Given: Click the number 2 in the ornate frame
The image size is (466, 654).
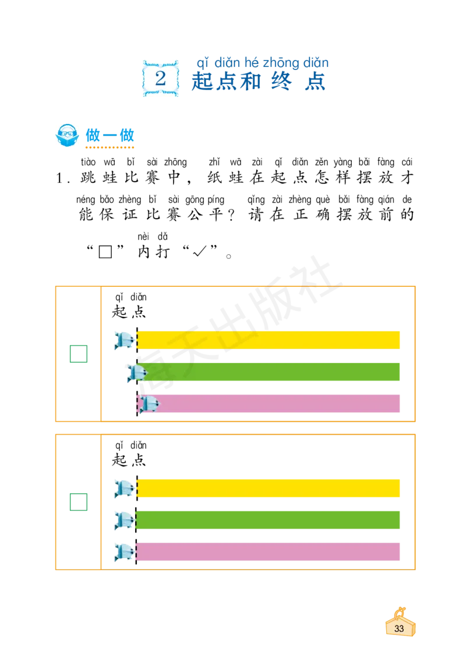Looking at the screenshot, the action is coord(160,77).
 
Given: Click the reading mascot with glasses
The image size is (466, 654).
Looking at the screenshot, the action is coord(67,135).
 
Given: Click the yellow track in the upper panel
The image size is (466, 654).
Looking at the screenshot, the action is coord(268,340).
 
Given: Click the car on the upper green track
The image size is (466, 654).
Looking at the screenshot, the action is coord(137,373).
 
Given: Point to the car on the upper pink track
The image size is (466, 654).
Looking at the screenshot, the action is coord(147,404).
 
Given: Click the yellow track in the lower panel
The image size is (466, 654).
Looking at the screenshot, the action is coord(268,488).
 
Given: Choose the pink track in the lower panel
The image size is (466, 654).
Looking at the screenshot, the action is coord(268,552).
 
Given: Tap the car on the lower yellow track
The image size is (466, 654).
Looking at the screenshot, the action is coord(124,488).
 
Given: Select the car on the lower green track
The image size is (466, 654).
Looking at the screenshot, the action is coord(124,520).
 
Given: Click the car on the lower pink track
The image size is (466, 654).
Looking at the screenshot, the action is coord(124,552).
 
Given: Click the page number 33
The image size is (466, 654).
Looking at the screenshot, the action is coord(399,628).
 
